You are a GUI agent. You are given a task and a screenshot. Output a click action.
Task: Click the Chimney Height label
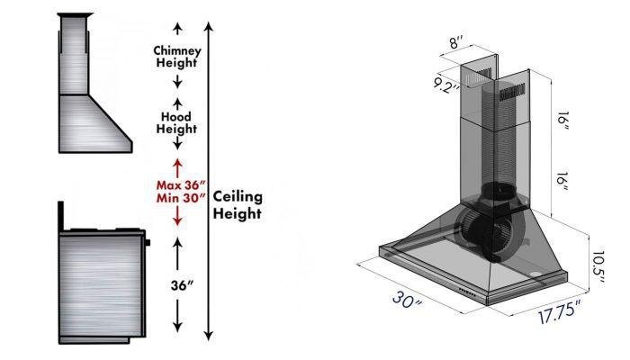point(177,57)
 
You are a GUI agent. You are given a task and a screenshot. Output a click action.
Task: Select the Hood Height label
point(177,122)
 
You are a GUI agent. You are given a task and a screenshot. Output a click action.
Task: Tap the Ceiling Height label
point(238,205)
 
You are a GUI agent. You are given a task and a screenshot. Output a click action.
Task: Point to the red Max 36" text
point(178,183)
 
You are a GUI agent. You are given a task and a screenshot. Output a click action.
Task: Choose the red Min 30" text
point(178,197)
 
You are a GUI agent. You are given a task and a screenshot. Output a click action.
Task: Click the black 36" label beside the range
point(184,284)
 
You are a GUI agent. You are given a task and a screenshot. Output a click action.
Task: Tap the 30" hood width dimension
point(407,299)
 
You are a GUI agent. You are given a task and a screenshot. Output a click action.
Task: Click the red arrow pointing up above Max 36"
point(178,165)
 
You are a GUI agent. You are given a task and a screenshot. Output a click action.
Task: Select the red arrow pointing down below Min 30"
point(178,215)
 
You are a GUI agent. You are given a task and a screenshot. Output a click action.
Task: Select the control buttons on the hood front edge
point(468,290)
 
